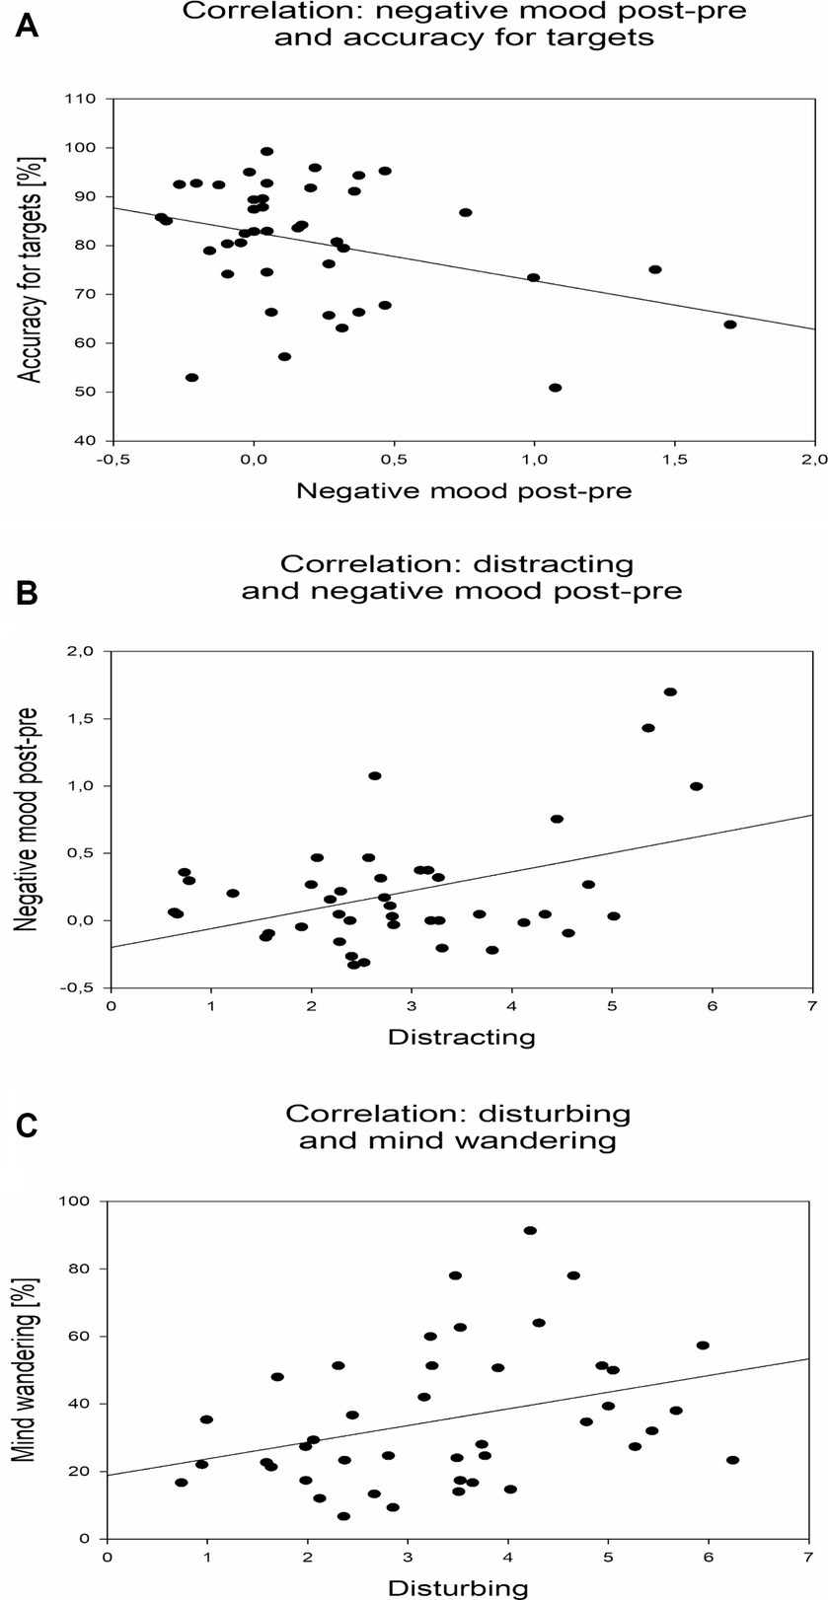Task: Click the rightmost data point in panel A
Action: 730,325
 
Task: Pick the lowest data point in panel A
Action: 556,388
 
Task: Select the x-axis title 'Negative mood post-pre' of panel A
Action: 464,491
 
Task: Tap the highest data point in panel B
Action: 670,692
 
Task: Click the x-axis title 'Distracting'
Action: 461,1037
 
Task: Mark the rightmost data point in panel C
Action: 732,1460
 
